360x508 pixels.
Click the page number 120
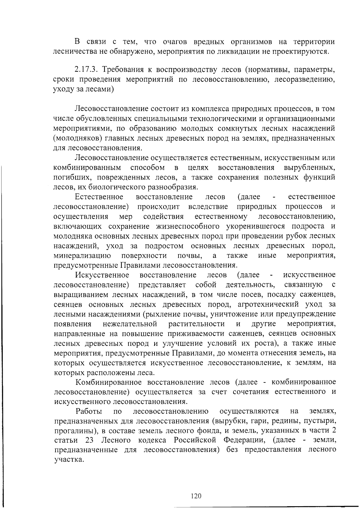pos(196,496)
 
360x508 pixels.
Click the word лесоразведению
pos(304,80)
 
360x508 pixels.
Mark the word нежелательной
pos(130,324)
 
